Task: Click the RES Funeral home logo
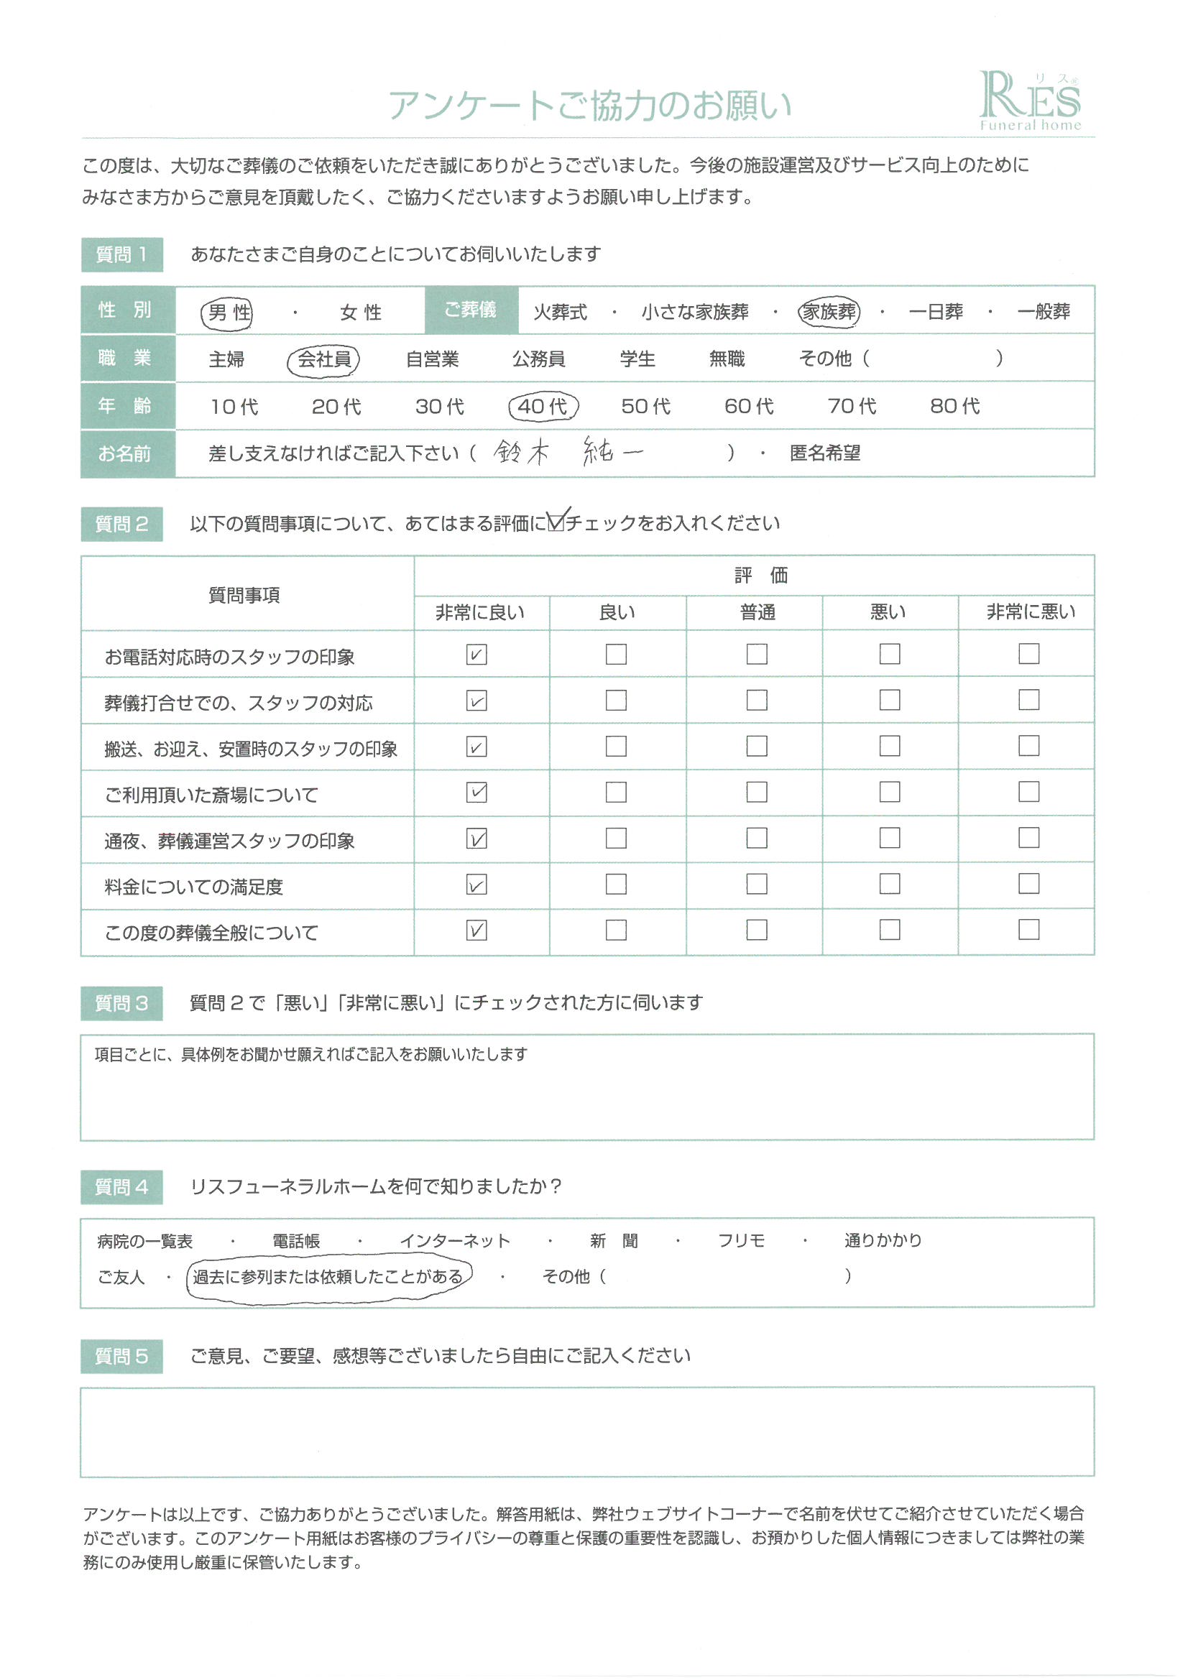[1029, 101]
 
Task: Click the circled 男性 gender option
[228, 313]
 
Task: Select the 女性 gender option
[360, 313]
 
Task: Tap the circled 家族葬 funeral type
[829, 312]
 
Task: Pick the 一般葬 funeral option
[1043, 312]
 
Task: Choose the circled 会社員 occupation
[323, 359]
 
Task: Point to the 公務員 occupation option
[538, 359]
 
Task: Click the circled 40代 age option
[543, 406]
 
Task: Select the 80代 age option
[954, 406]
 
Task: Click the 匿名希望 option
[825, 453]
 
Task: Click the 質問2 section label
[121, 524]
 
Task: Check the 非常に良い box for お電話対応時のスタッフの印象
[476, 654]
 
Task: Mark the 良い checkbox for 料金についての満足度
[617, 884]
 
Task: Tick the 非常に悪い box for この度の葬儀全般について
[1028, 929]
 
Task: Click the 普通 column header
[757, 612]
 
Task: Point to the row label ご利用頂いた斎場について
[211, 795]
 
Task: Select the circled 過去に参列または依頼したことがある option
[328, 1277]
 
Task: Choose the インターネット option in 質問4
[454, 1241]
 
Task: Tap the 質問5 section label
[121, 1356]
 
